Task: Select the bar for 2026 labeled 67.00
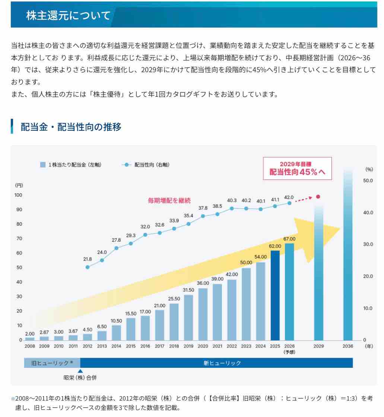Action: pos(289,292)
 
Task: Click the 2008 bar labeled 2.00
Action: pos(30,338)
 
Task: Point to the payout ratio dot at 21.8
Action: pos(88,267)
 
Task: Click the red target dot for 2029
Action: pos(318,197)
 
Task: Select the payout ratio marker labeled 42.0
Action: pos(289,203)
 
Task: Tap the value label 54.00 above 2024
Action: pos(260,257)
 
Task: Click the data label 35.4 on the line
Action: pos(188,216)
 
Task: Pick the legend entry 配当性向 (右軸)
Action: pos(145,165)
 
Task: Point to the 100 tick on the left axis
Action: pos(18,195)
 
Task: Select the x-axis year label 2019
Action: pos(188,346)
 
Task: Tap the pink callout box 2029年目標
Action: pos(297,168)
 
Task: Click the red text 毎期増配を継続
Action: pos(169,200)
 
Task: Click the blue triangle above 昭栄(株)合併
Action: pos(80,370)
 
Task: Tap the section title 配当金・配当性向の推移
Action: pos(71,127)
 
